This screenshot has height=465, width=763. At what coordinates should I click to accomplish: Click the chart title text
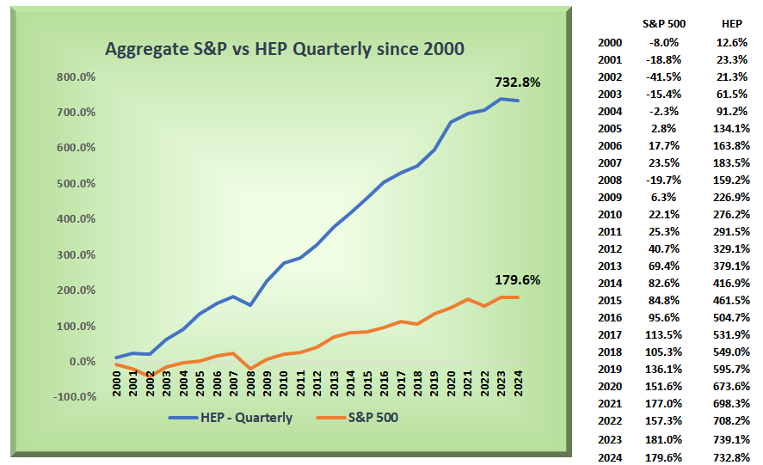[x=284, y=49]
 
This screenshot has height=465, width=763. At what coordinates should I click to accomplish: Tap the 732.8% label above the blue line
[x=517, y=83]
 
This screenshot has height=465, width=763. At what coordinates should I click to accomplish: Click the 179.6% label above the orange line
[x=517, y=280]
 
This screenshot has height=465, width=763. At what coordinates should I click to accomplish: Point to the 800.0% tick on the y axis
[x=75, y=76]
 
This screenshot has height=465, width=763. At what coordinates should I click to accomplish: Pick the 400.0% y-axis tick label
[x=75, y=219]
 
